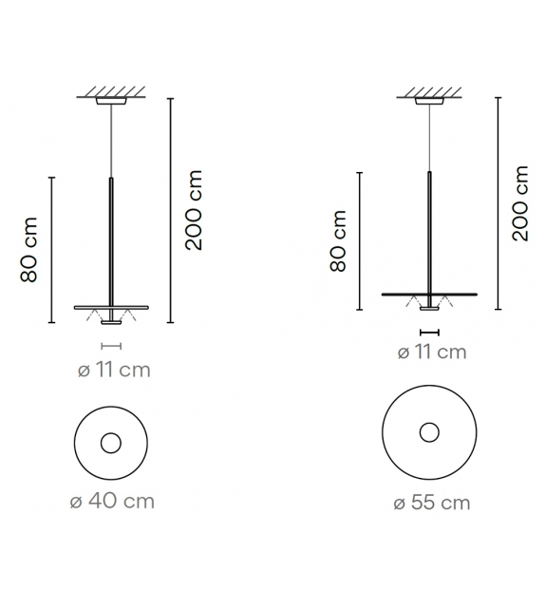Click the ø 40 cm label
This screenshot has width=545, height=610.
tap(112, 501)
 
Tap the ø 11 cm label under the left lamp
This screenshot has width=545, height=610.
tap(112, 370)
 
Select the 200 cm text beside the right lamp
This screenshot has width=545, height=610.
tap(520, 202)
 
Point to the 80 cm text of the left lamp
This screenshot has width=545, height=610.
tap(29, 250)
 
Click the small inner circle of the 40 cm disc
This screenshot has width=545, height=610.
tap(111, 444)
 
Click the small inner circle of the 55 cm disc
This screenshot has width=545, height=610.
tap(429, 433)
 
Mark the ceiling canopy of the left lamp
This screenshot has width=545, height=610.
tap(112, 101)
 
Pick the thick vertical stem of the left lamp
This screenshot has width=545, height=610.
tap(112, 238)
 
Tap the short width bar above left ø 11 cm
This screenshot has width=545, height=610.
tap(112, 347)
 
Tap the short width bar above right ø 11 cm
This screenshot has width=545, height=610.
tap(430, 332)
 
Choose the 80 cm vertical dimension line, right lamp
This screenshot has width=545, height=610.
tap(358, 241)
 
